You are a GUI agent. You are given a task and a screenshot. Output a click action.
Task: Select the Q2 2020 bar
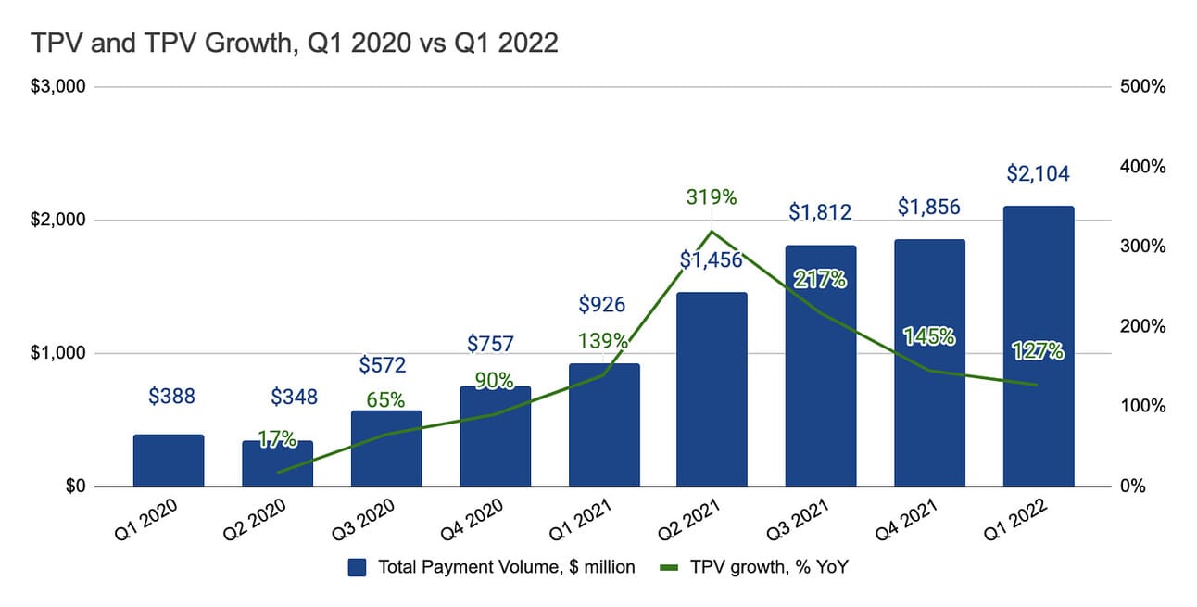[277, 463]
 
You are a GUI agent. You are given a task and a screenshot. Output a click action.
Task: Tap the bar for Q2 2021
[712, 389]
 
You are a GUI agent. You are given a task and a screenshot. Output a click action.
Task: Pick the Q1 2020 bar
[169, 461]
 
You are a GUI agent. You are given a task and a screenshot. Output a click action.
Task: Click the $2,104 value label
[1038, 173]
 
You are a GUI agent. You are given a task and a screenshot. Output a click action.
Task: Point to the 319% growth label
[712, 196]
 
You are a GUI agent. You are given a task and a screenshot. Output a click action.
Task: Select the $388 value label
[171, 397]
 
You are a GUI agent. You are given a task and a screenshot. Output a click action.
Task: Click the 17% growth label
[277, 440]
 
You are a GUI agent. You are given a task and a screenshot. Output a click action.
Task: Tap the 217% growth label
[820, 279]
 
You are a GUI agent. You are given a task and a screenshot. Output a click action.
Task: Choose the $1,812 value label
[820, 211]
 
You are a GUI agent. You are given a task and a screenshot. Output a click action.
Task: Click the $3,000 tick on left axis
[59, 87]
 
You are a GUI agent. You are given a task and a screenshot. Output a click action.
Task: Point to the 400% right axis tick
[1142, 167]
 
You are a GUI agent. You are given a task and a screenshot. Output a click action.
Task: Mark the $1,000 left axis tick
[59, 353]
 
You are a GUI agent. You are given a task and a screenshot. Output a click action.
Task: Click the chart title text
[295, 44]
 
